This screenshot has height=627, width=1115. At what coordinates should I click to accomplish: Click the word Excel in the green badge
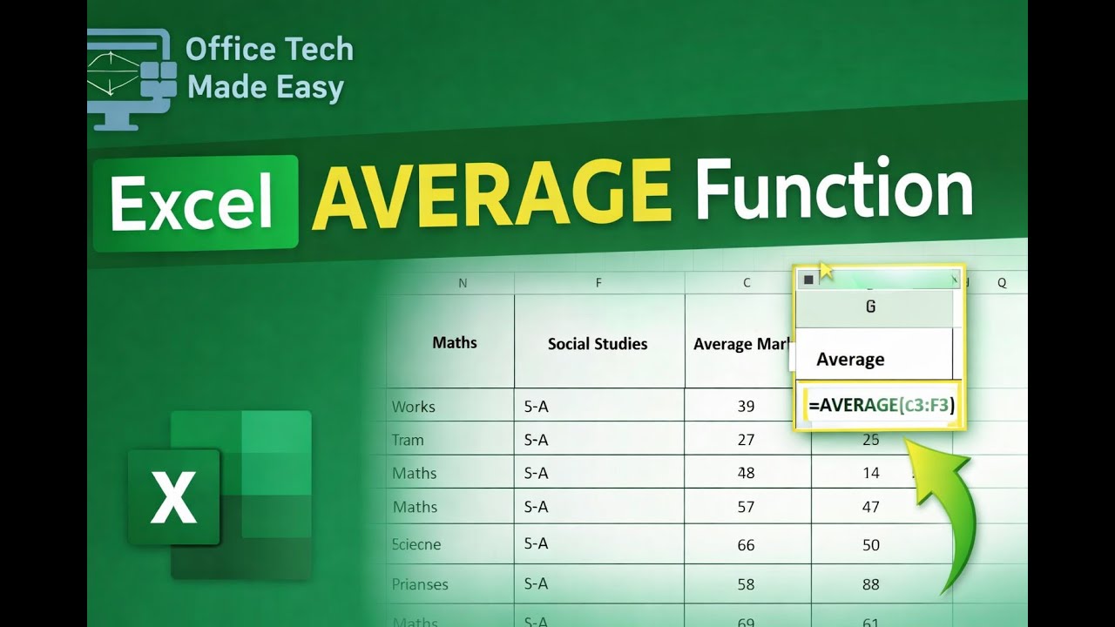click(193, 205)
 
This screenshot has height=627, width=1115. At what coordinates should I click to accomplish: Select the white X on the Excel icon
click(173, 496)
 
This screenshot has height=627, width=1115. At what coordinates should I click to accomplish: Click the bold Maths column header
click(454, 342)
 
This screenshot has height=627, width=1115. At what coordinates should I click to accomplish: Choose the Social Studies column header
click(597, 344)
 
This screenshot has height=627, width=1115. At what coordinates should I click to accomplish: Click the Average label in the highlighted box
click(850, 359)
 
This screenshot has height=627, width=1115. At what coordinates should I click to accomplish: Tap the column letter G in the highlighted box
click(870, 307)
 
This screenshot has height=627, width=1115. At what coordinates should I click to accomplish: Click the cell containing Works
click(413, 407)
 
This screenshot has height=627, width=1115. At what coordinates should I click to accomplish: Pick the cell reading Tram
click(408, 440)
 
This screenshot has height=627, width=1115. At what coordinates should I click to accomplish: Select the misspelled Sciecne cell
click(416, 544)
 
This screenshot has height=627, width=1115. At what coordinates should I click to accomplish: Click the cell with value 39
click(746, 407)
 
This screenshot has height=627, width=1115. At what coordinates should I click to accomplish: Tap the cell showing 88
click(870, 584)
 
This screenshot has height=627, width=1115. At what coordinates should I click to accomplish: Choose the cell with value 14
click(870, 473)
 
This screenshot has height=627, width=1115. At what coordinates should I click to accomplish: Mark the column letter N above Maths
click(462, 283)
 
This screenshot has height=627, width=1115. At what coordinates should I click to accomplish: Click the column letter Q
click(1002, 283)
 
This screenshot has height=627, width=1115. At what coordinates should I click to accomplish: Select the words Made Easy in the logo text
click(266, 87)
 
